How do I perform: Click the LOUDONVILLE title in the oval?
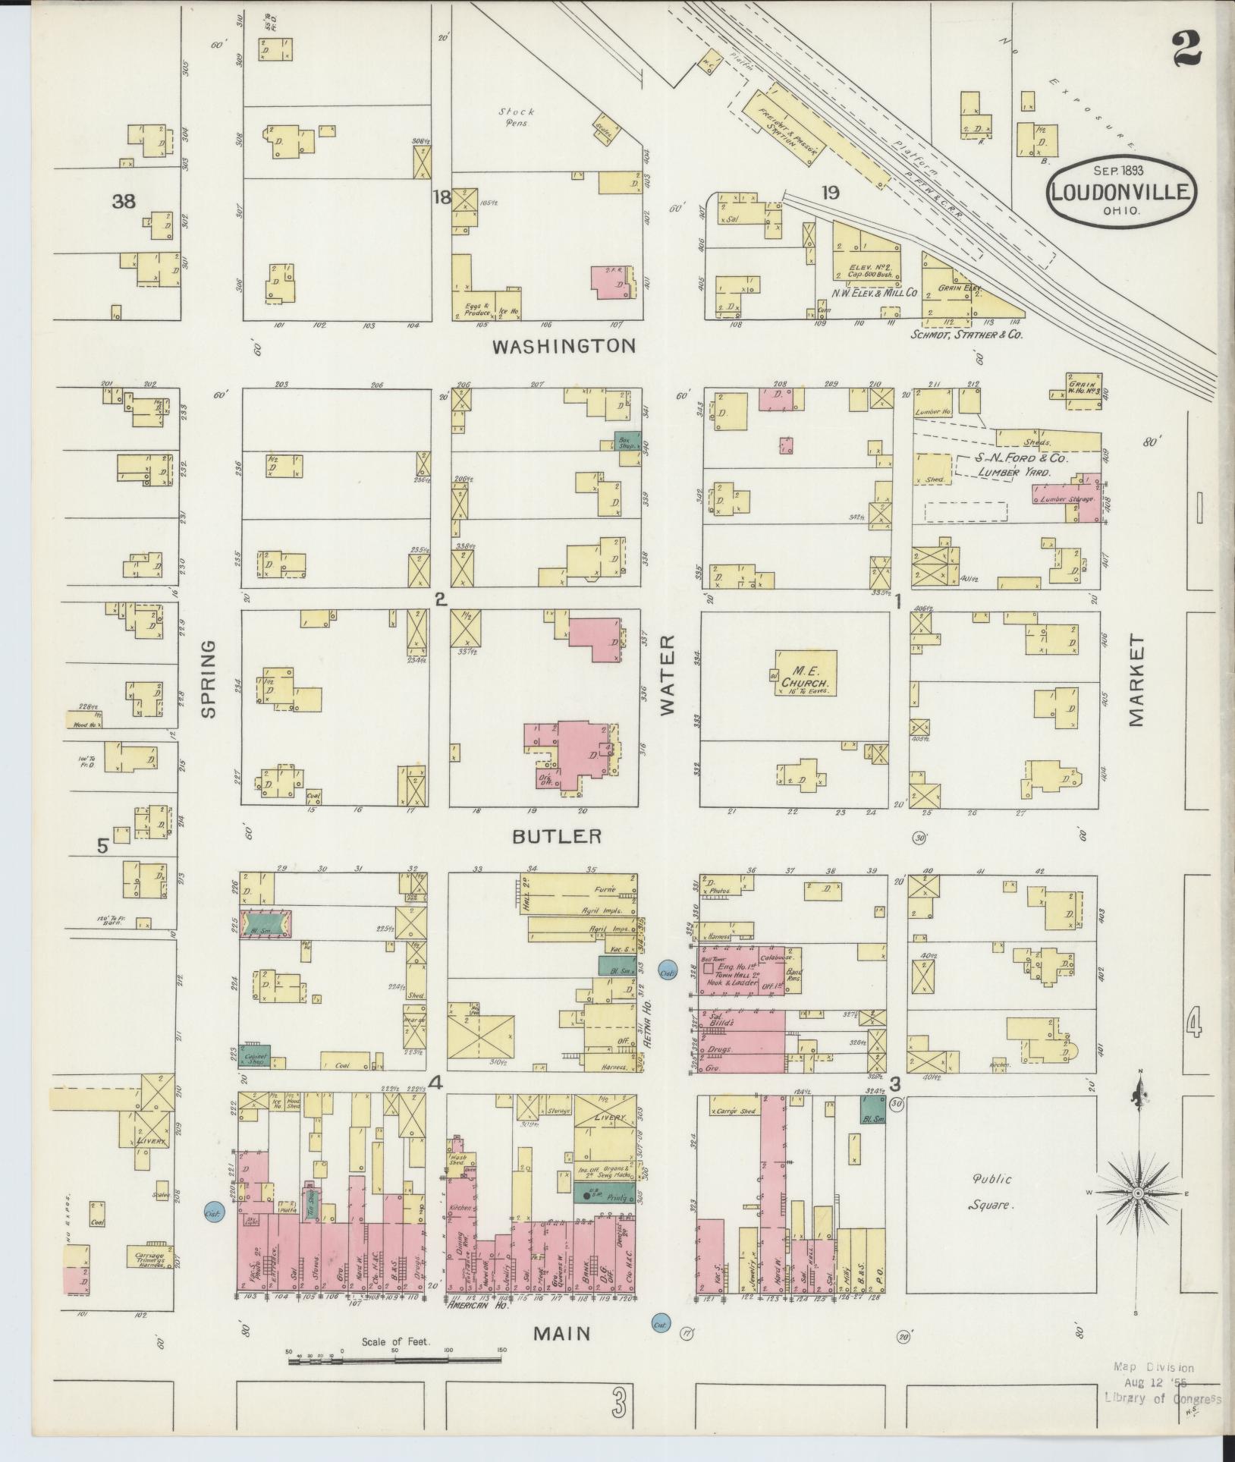point(1122,190)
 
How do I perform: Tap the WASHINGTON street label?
point(564,347)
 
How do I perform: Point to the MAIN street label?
point(562,1334)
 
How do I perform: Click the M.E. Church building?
point(805,672)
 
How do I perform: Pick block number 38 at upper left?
point(123,201)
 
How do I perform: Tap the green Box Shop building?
point(626,440)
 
